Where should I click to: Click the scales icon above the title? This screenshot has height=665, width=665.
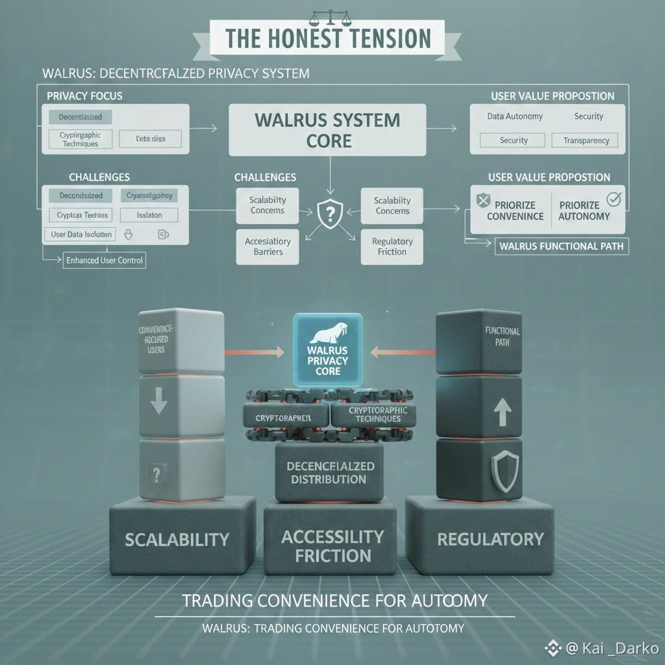tap(330, 15)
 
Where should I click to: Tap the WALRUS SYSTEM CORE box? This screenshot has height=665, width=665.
tap(327, 130)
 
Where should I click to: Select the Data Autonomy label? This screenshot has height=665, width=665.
tap(514, 116)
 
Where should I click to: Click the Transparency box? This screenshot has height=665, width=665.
tap(585, 140)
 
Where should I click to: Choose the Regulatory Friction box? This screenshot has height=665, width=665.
tap(392, 247)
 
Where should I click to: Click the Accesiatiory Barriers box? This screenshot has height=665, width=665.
tap(268, 247)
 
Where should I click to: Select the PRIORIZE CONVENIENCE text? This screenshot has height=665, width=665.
tap(515, 210)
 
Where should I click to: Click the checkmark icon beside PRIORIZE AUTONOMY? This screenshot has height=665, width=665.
tap(613, 199)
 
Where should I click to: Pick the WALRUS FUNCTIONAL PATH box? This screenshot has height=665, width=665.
tap(561, 246)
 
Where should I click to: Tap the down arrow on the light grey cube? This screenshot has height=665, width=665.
tap(158, 405)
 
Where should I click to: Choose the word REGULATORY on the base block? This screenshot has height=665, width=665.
tap(490, 538)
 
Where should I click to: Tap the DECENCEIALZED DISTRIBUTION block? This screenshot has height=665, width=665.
tap(327, 473)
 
